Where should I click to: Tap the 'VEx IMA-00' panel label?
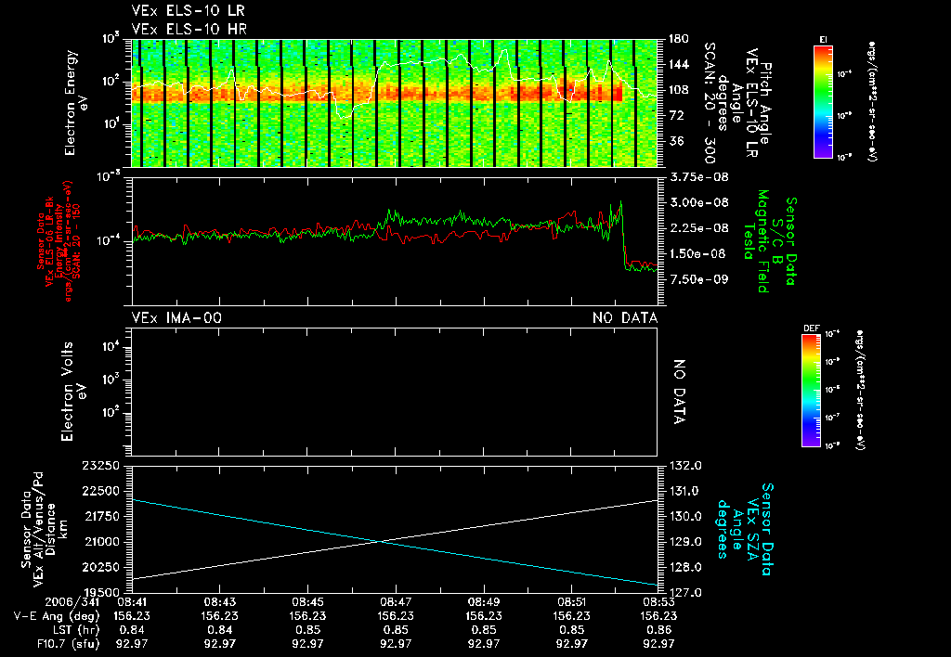pyautogui.click(x=177, y=318)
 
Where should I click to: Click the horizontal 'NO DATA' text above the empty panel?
pyautogui.click(x=625, y=318)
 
